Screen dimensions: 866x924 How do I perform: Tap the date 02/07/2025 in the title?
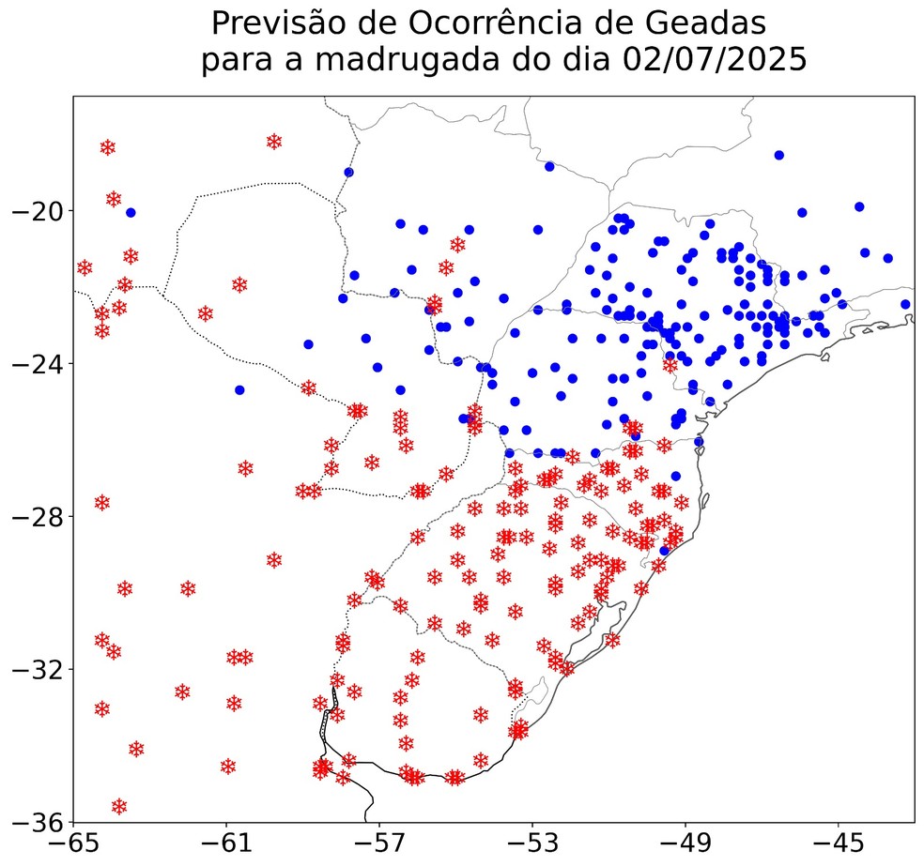[x=715, y=61]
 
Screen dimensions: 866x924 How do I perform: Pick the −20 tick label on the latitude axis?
[x=37, y=210]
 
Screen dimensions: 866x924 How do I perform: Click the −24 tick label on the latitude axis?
[x=37, y=363]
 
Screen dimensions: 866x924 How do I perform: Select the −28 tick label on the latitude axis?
[x=37, y=517]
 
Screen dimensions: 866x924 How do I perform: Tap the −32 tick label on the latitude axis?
[x=37, y=670]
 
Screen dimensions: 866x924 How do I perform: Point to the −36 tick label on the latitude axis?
[x=37, y=822]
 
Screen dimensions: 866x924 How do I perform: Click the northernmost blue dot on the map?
[x=778, y=155]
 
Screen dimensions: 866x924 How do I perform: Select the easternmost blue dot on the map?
[x=905, y=304]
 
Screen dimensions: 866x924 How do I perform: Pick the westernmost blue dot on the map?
[x=131, y=213]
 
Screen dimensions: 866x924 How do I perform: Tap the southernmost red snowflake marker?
[x=119, y=807]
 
